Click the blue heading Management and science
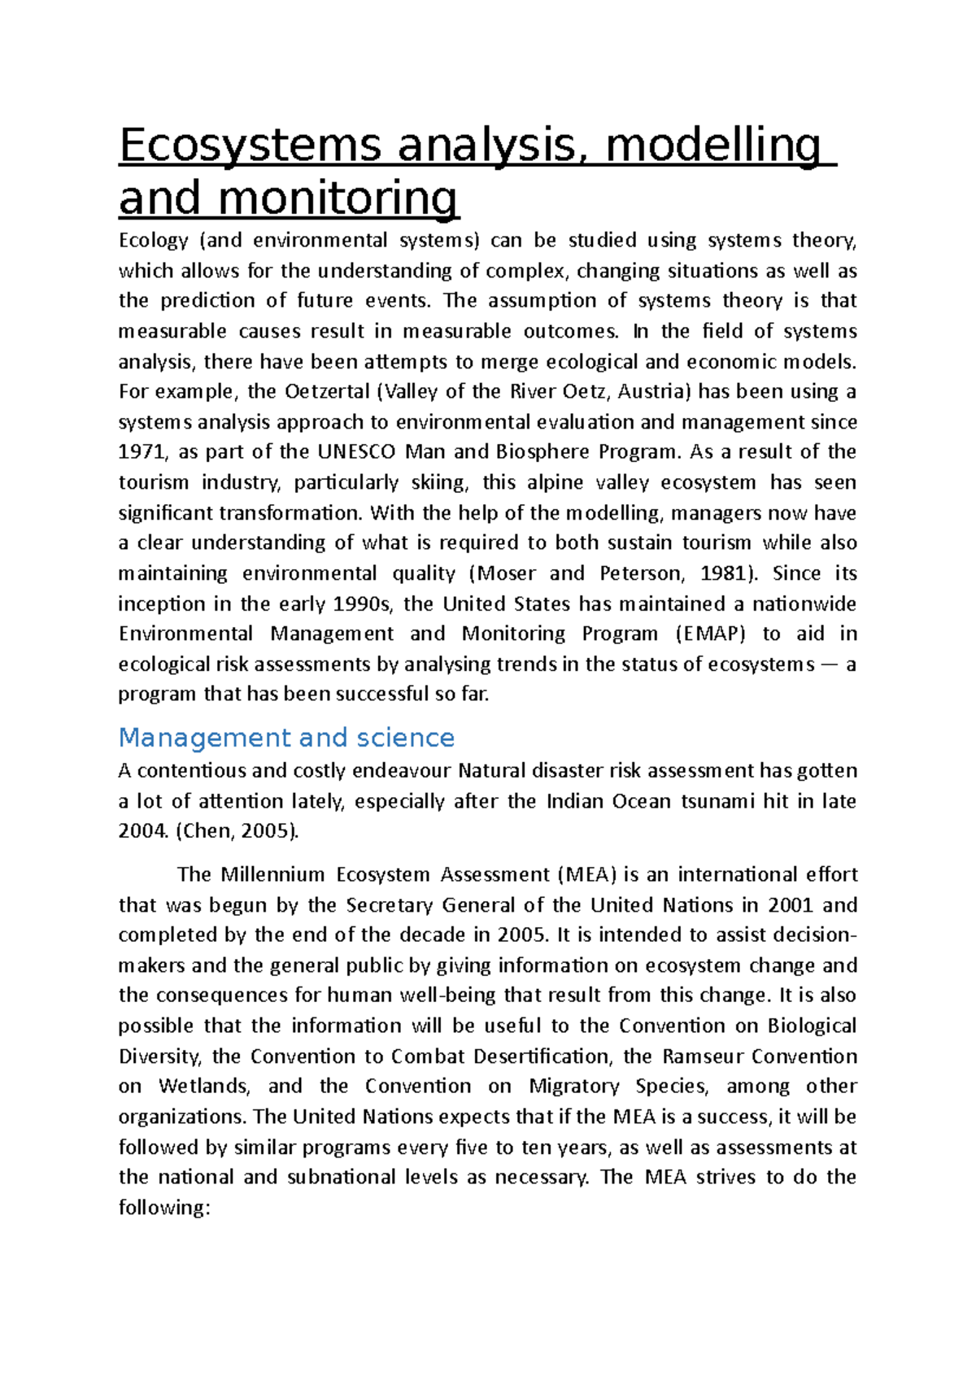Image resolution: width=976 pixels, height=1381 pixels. [x=286, y=738]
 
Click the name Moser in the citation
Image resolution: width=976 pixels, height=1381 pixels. [x=507, y=573]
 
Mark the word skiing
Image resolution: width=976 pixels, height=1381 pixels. [x=439, y=482]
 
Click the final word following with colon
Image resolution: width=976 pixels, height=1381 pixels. [x=164, y=1208]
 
